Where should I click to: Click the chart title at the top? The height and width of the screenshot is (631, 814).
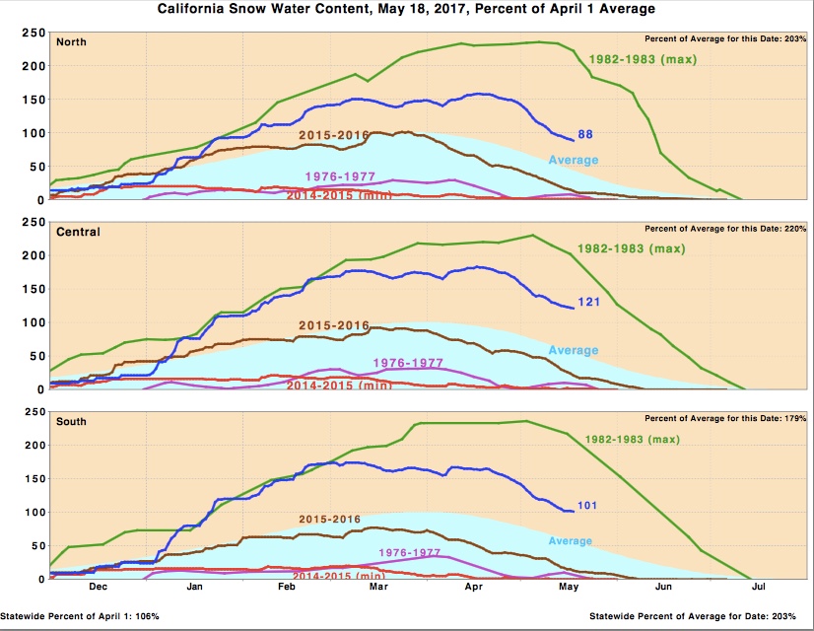(x=406, y=9)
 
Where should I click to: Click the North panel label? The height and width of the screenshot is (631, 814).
(x=71, y=42)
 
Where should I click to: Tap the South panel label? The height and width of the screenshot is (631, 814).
(x=72, y=421)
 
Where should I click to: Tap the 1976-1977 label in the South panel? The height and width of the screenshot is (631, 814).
(x=408, y=553)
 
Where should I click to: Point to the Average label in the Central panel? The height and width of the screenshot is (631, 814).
(x=573, y=350)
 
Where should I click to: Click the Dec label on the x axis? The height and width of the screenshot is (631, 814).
(x=98, y=587)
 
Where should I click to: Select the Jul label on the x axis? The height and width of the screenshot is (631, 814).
(x=759, y=587)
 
